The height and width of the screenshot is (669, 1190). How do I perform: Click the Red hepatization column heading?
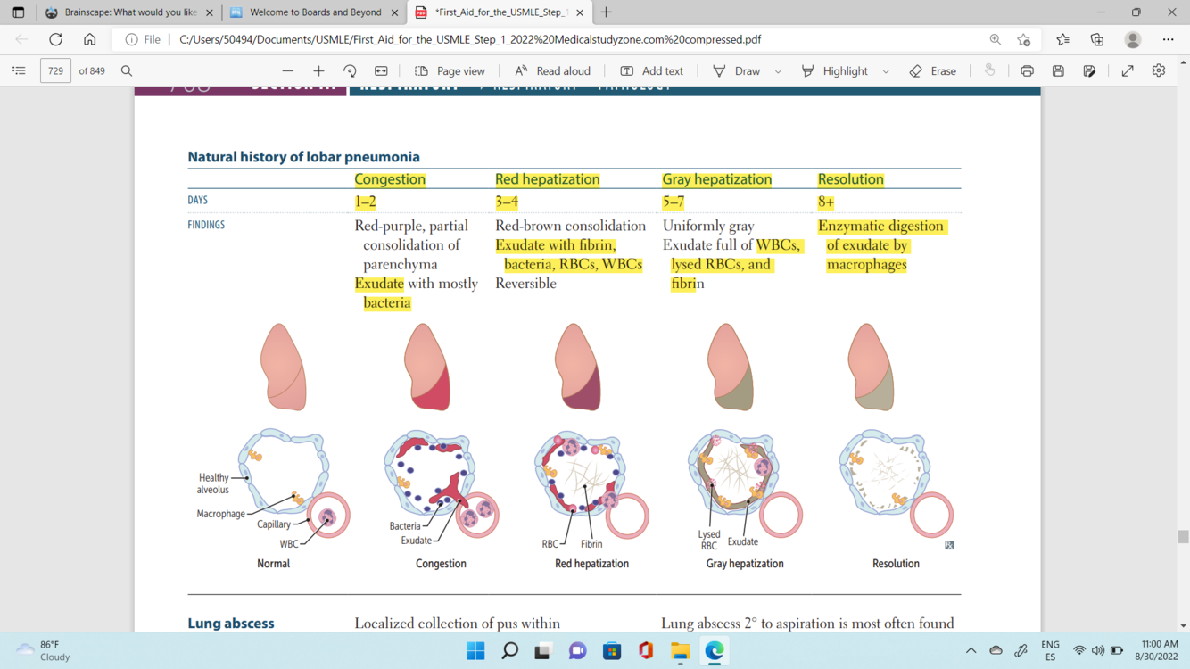[x=547, y=179]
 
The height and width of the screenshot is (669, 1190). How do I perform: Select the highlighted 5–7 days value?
[x=673, y=202]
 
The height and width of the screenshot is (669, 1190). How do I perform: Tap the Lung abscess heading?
[x=230, y=624]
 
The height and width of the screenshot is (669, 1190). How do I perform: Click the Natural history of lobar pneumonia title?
[x=303, y=157]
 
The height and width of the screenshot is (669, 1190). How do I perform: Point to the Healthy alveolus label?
[x=213, y=483]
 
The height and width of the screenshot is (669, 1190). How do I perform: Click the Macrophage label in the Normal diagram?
[x=220, y=514]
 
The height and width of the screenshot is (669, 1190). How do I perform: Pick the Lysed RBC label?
[x=709, y=540]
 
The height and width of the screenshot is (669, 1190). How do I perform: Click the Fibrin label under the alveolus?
[x=591, y=544]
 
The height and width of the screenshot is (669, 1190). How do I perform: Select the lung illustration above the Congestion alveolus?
[x=426, y=368]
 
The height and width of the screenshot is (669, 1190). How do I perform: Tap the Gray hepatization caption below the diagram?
[x=745, y=564]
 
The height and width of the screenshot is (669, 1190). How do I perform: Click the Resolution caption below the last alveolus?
[x=896, y=564]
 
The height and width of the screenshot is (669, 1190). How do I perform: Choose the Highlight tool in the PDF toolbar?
[x=835, y=71]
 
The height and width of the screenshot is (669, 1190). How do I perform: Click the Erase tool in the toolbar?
[x=933, y=71]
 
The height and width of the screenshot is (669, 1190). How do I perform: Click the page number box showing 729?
[x=55, y=71]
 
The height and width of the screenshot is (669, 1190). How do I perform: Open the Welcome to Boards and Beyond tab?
[x=315, y=12]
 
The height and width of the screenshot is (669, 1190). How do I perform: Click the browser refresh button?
[x=55, y=39]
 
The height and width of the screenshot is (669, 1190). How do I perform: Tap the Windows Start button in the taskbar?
[x=475, y=651]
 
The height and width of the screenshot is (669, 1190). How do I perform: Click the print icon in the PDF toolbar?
[x=1027, y=71]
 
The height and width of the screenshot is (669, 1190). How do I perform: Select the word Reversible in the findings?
[x=525, y=284]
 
